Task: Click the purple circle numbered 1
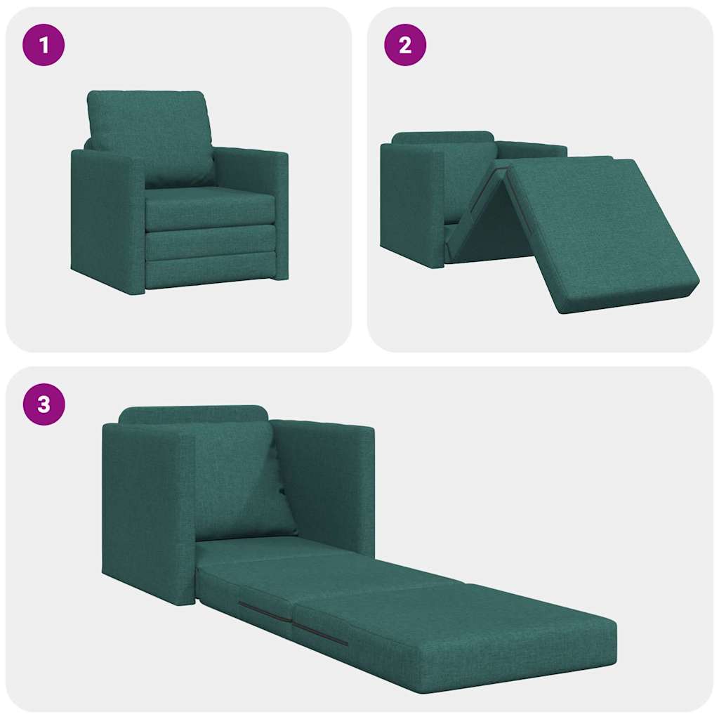click(x=44, y=45)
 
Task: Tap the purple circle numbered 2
click(x=405, y=45)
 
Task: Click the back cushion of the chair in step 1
click(x=151, y=133)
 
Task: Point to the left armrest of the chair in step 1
click(x=105, y=218)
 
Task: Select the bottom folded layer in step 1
click(x=211, y=270)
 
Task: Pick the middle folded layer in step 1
click(x=211, y=242)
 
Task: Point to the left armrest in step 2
click(x=411, y=204)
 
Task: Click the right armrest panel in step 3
click(x=330, y=477)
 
